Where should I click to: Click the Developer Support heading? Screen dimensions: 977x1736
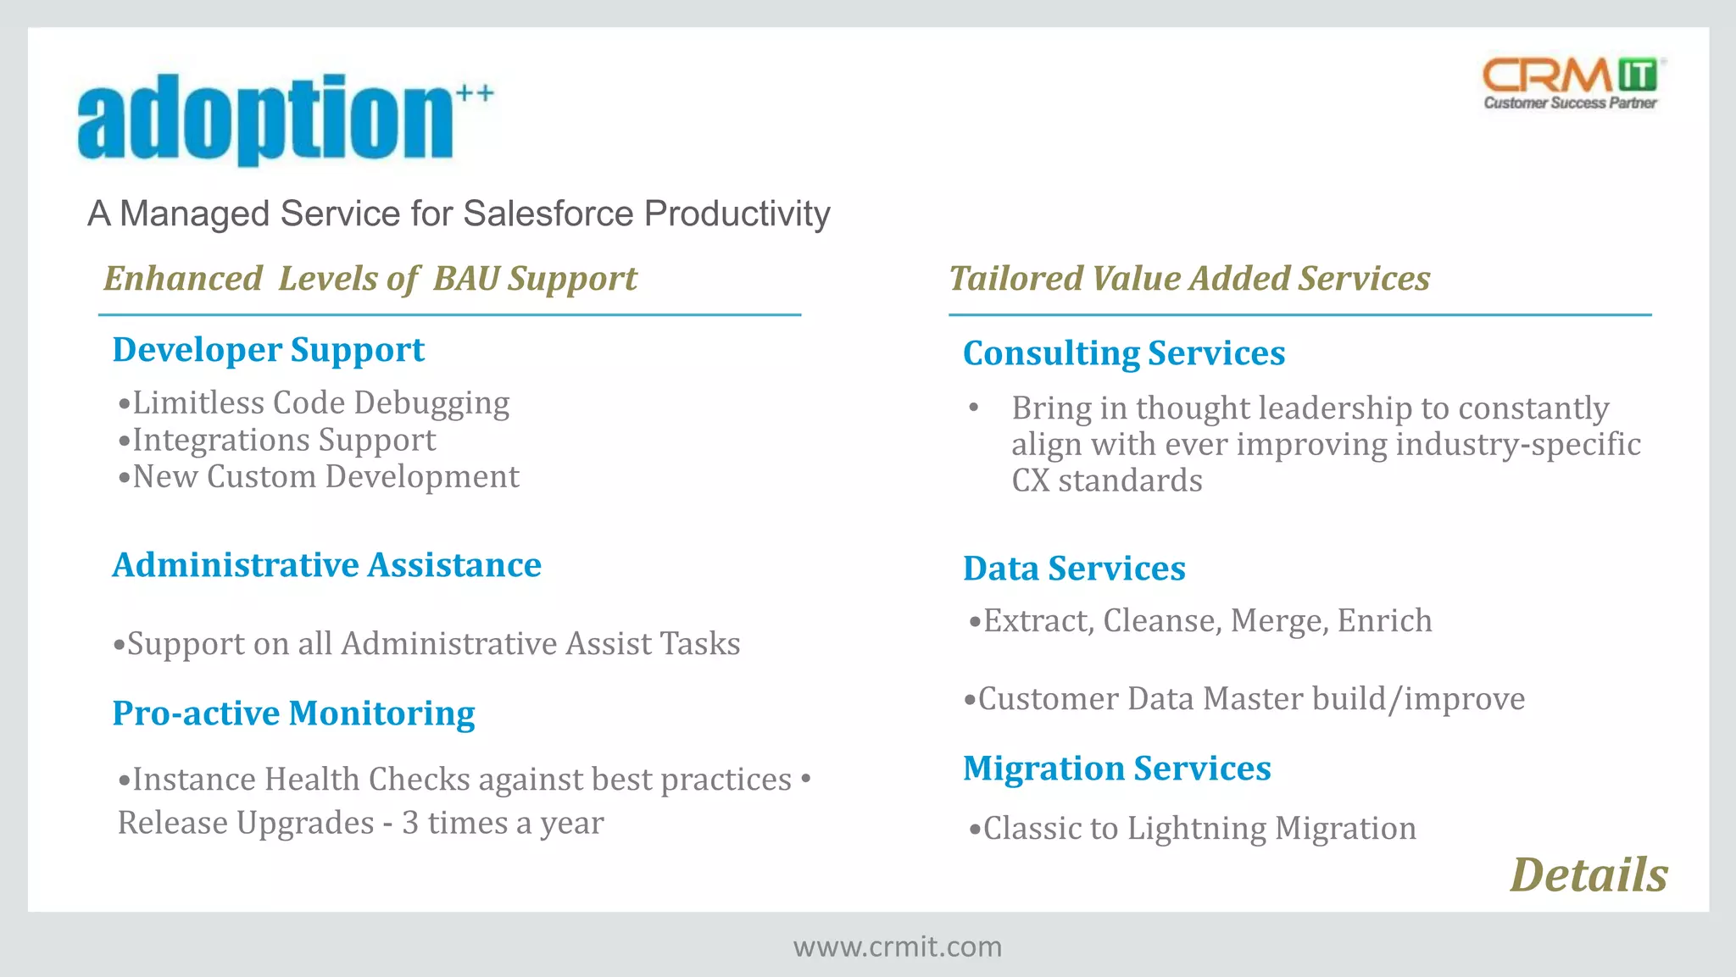(x=268, y=350)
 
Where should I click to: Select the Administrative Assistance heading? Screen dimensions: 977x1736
(x=326, y=565)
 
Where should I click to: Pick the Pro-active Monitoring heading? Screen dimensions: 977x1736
(x=293, y=713)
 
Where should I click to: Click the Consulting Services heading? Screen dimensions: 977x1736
(x=1124, y=353)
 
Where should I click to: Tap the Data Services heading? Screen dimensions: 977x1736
(x=1074, y=569)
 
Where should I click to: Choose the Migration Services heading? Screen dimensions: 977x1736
(x=1116, y=769)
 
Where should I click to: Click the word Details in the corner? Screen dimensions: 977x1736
(x=1589, y=874)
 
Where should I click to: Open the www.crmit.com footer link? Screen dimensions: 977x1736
(x=897, y=946)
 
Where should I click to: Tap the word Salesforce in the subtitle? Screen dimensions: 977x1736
(x=548, y=214)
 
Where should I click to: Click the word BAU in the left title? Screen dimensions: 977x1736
(x=465, y=279)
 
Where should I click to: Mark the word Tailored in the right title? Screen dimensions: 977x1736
(x=1015, y=279)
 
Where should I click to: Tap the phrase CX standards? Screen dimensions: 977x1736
(x=1106, y=481)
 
